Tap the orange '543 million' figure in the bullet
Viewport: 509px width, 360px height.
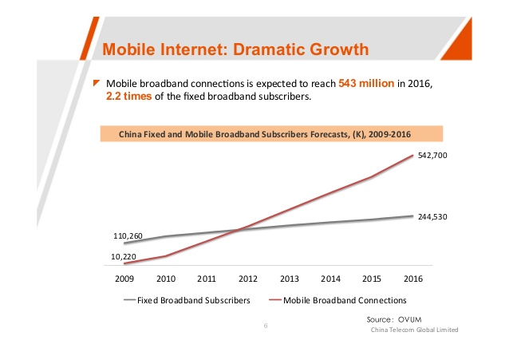coord(366,83)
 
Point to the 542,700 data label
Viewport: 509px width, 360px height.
coord(432,156)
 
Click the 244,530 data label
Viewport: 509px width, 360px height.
coord(432,216)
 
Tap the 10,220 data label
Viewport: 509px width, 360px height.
coord(124,255)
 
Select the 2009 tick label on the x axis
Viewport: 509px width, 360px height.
coord(124,279)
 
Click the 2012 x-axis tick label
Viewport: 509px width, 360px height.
coord(247,279)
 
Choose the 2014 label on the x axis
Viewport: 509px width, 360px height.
coord(330,279)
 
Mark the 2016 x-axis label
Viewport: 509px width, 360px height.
coord(412,279)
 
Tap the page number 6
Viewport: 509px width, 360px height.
coord(264,326)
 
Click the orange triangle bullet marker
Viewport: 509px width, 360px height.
coord(96,82)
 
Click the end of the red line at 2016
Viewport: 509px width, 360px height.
coord(412,156)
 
